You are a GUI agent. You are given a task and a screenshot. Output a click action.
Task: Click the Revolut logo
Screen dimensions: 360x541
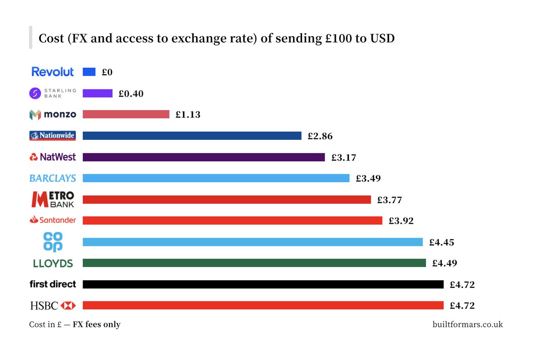[53, 72]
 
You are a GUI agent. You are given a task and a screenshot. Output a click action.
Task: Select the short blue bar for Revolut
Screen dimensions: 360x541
[89, 72]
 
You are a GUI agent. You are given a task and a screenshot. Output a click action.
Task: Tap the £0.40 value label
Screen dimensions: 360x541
[131, 93]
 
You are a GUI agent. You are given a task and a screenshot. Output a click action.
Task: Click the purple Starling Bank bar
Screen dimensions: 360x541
[98, 93]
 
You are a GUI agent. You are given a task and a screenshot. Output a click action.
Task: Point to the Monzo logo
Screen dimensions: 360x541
[53, 115]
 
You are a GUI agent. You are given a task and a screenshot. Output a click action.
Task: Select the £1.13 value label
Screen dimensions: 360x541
[188, 115]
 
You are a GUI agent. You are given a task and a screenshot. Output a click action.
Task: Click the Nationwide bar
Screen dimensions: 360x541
[192, 136]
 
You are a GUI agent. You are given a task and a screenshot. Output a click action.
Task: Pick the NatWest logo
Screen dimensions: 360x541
[53, 157]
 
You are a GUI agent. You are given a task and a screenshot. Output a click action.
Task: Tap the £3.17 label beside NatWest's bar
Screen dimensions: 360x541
[344, 157]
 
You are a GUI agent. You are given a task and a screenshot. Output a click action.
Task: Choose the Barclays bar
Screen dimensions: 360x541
[216, 178]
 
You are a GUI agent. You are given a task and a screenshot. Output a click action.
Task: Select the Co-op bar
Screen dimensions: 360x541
[253, 242]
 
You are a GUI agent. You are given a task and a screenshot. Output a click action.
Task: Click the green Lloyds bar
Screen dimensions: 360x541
[254, 263]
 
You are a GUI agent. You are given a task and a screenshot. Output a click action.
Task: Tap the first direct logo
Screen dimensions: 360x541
[53, 284]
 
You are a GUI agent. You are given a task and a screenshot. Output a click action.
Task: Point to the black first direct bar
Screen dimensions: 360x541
[263, 284]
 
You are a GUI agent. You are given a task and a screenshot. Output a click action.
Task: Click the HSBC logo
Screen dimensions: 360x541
[53, 305]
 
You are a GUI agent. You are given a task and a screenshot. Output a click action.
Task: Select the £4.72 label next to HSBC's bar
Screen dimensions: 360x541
[462, 306]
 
